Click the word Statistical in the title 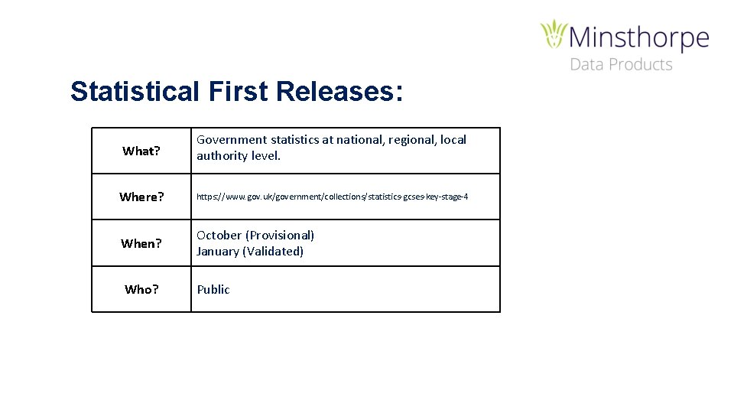point(135,92)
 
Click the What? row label point(141,151)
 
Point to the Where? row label point(141,197)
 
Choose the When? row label point(141,243)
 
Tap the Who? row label point(141,289)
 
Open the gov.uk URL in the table point(332,197)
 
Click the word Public point(213,289)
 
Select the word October point(219,235)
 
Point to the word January point(217,251)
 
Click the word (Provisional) point(280,235)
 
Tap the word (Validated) point(272,251)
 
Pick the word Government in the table point(232,140)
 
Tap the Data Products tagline point(621,65)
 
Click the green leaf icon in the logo point(554,35)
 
